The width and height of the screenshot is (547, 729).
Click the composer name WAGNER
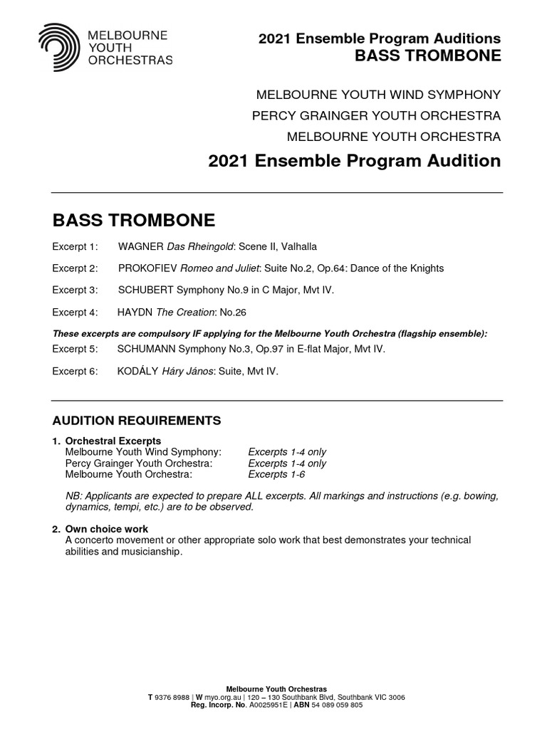(x=141, y=246)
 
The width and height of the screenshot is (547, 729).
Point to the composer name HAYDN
(x=135, y=313)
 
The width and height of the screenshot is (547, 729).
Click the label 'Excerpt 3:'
(x=74, y=290)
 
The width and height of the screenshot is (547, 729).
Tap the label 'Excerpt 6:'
(x=74, y=372)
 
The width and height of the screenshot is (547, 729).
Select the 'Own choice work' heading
(x=107, y=530)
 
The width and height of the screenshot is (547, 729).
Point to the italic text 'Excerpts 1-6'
(x=276, y=474)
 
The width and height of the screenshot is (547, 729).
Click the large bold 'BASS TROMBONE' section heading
(x=134, y=219)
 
